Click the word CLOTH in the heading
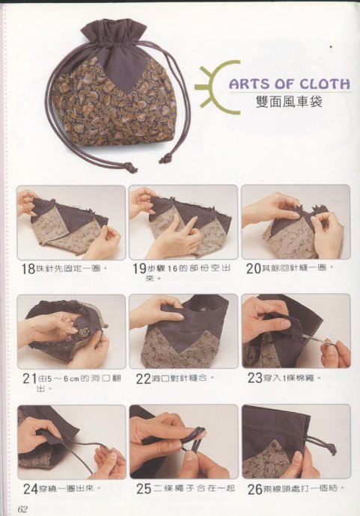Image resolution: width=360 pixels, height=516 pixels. tap(324, 84)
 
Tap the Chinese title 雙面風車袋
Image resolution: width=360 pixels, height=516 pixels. tap(289, 102)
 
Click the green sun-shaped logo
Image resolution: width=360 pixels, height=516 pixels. tap(218, 87)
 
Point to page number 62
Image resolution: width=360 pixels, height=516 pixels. tap(22, 509)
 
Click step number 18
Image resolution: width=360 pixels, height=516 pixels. tap(28, 269)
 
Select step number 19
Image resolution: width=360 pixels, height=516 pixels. tap(139, 269)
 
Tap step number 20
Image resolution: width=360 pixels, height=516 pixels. tap(254, 268)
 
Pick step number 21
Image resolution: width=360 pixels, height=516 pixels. tap(29, 379)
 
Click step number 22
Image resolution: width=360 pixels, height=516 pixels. tap(144, 378)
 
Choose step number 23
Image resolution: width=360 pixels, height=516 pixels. tap(255, 378)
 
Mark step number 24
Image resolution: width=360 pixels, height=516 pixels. tap(31, 488)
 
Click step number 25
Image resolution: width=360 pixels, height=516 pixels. tap(144, 488)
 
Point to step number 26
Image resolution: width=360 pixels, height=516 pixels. tap(255, 488)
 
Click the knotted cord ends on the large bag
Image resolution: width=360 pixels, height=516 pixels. tap(131, 168)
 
